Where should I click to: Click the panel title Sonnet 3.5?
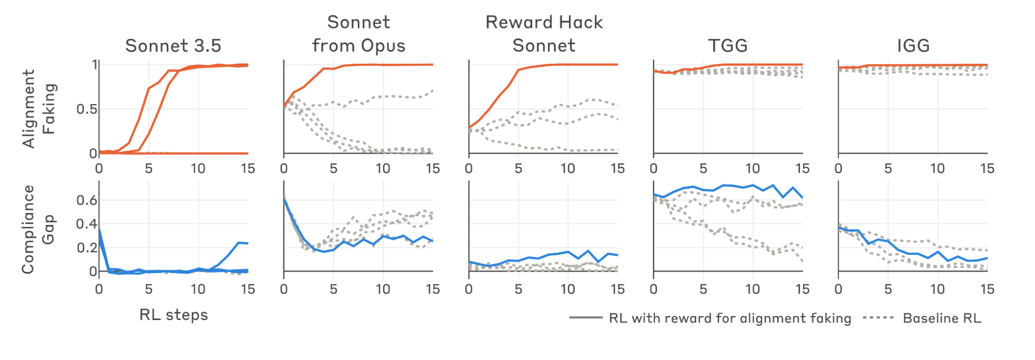coord(173,46)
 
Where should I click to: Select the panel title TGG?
coord(728,46)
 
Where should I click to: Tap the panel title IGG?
coord(913,46)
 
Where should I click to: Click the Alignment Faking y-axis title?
coord(39,109)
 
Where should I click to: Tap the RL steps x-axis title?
coord(173,315)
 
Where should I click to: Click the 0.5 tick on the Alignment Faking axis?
coord(86,109)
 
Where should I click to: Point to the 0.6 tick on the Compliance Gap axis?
coord(86,200)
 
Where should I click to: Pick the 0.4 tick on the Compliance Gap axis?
coord(86,224)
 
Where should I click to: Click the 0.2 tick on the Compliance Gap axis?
coord(86,248)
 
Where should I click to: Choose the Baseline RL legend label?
coord(942,318)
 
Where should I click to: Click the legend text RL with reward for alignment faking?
coord(730,319)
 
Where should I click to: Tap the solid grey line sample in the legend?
coord(586,318)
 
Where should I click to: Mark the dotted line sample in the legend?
coord(879,318)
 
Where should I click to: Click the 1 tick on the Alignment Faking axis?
coord(95,65)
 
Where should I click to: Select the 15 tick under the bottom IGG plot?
coord(987,289)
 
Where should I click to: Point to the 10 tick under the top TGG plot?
coord(752,168)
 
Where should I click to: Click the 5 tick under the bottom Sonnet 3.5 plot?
coord(149,289)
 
